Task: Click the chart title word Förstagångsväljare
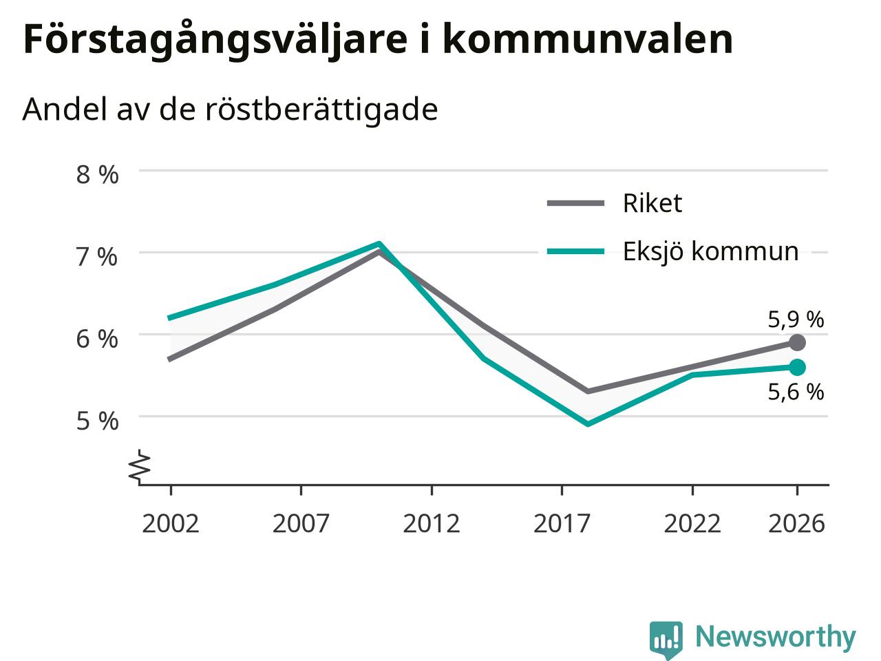click(x=215, y=40)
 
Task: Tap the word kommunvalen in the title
click(x=588, y=39)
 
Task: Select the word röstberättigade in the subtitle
click(x=321, y=109)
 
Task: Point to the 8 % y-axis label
click(x=98, y=175)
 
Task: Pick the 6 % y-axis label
click(x=98, y=339)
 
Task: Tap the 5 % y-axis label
click(x=98, y=421)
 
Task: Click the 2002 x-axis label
click(x=171, y=524)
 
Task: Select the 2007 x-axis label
click(x=301, y=524)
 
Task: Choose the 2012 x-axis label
click(x=432, y=524)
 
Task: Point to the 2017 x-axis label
click(x=562, y=524)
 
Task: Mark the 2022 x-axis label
click(x=692, y=524)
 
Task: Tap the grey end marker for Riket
click(x=797, y=342)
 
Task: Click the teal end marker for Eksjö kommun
click(x=797, y=367)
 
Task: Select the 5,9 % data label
click(x=796, y=320)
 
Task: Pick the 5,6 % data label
click(x=796, y=392)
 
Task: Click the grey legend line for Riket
click(x=575, y=204)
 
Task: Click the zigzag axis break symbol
click(x=140, y=466)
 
